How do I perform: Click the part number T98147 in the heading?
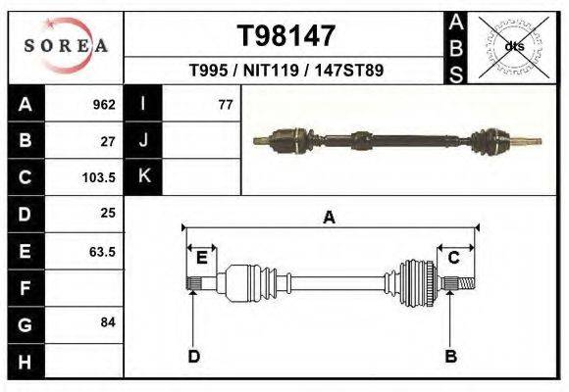[286, 36]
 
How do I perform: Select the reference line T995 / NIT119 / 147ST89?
[285, 71]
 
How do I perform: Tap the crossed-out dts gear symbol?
[513, 46]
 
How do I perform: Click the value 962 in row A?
[104, 105]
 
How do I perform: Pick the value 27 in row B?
[108, 141]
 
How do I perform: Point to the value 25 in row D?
[108, 213]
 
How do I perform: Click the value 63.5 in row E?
[102, 251]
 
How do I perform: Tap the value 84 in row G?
[108, 322]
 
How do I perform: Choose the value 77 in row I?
[225, 105]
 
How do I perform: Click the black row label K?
[143, 177]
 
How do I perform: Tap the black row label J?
[143, 141]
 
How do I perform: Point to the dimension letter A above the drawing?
[329, 219]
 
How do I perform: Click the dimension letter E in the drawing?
[201, 258]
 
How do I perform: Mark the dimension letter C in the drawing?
[454, 258]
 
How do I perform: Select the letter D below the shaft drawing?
[194, 356]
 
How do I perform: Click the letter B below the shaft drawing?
[450, 356]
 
